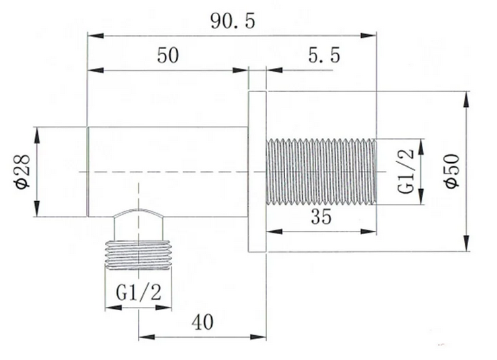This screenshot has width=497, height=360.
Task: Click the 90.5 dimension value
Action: [x=233, y=22]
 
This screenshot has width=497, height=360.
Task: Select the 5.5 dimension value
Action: [x=324, y=55]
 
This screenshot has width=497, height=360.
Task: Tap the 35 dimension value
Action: [x=321, y=217]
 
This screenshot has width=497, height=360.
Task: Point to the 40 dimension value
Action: [x=202, y=322]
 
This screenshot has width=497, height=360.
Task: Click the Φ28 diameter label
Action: [x=22, y=172]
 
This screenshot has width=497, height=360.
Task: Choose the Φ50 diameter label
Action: [x=452, y=171]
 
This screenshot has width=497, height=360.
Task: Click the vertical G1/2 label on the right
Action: [x=406, y=172]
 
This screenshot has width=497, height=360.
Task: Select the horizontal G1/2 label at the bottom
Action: [x=139, y=293]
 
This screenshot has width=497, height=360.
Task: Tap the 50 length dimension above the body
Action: [x=168, y=55]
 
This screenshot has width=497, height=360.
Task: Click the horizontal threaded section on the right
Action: [x=321, y=172]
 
